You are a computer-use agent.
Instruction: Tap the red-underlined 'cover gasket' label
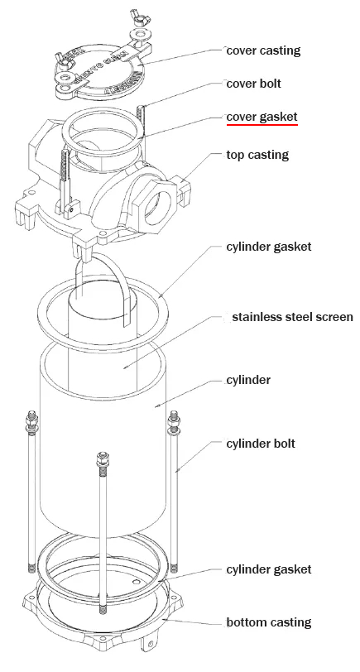(x=262, y=118)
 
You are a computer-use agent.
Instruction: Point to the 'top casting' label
(x=258, y=155)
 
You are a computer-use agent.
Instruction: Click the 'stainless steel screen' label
(x=292, y=317)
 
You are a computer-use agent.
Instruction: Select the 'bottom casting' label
(x=268, y=622)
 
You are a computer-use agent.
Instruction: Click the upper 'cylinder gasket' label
(x=268, y=247)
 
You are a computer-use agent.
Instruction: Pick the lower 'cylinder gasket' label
(x=268, y=569)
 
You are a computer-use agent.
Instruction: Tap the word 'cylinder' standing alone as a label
(x=248, y=381)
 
